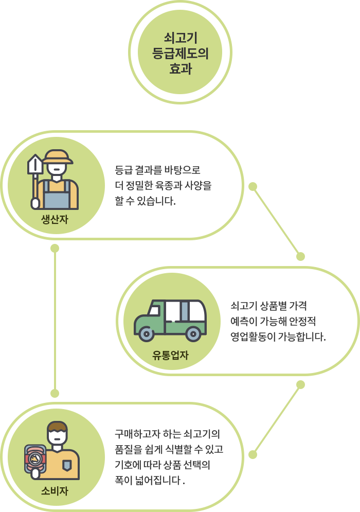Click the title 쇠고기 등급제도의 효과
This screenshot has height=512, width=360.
tap(180, 53)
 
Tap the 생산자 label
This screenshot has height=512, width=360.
tap(55, 221)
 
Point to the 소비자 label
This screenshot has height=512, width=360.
tap(55, 491)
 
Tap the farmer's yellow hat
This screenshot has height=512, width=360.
tap(55, 156)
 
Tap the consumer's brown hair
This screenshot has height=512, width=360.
tap(57, 427)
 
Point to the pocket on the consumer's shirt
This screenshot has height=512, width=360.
tap(67, 465)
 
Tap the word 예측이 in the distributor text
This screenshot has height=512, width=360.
tap(243, 322)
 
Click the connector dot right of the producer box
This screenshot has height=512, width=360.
tap(253, 186)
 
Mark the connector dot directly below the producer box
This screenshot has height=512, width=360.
tap(55, 249)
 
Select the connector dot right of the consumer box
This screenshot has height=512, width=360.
tap(253, 454)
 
